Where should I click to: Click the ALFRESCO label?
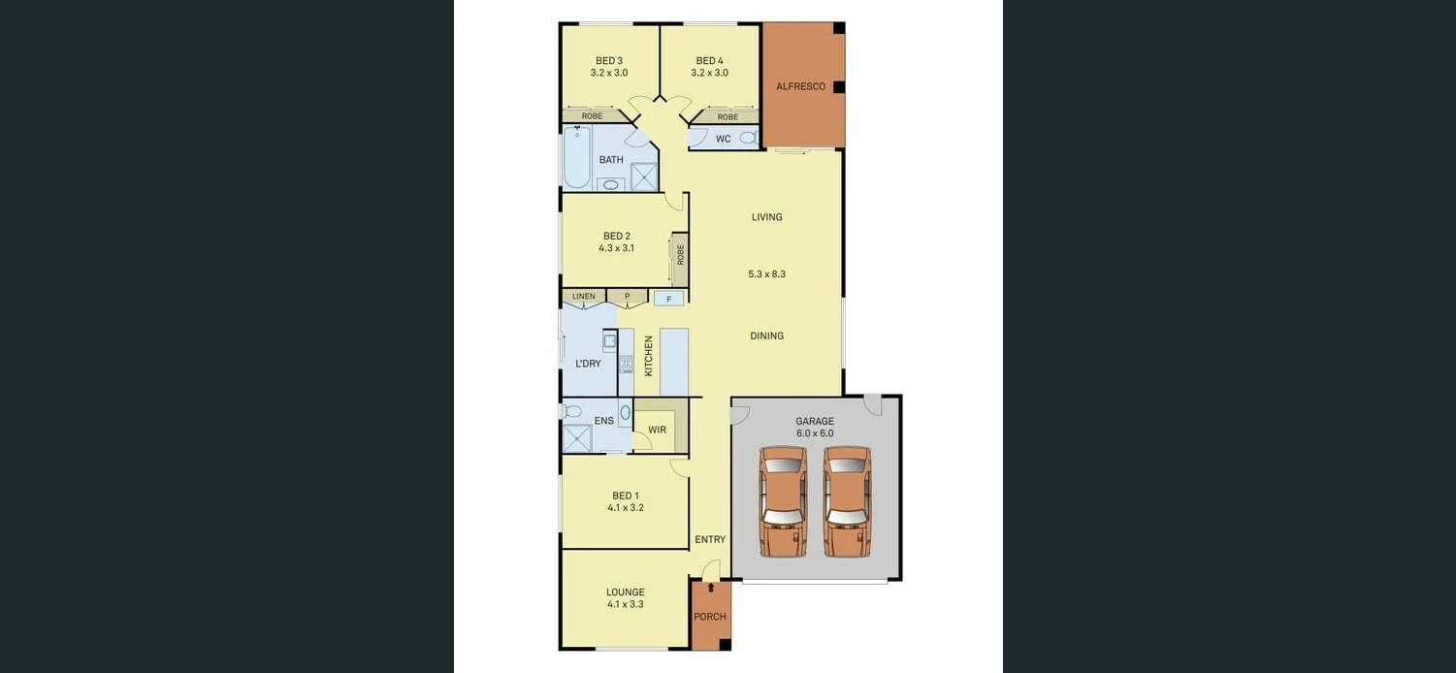(800, 86)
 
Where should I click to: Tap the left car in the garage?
(783, 501)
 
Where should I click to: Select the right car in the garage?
(847, 501)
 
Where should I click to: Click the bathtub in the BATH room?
(577, 158)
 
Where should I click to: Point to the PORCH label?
(710, 617)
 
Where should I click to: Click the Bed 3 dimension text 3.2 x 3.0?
(609, 73)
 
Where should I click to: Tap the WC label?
(724, 139)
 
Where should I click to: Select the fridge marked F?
(668, 299)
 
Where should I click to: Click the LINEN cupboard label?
(584, 296)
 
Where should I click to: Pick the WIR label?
(657, 430)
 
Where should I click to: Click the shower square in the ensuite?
(577, 438)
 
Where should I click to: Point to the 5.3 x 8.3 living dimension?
(766, 274)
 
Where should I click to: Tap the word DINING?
(766, 336)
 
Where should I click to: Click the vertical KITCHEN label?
(649, 356)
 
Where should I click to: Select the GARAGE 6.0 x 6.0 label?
(815, 427)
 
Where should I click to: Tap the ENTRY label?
(710, 539)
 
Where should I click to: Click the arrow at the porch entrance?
(711, 588)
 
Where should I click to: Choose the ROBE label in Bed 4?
(728, 117)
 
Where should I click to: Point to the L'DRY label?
(588, 364)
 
